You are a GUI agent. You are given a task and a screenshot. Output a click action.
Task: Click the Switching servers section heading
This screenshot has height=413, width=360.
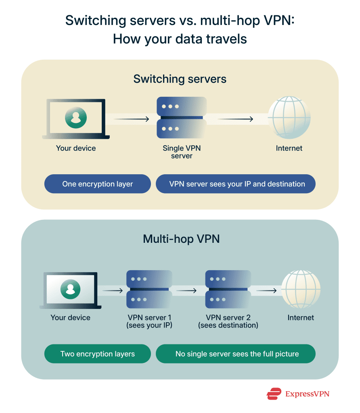point(180,79)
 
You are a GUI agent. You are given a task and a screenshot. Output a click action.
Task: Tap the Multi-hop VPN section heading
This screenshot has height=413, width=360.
point(181,239)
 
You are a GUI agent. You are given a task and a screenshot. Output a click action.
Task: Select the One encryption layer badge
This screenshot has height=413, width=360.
point(98,184)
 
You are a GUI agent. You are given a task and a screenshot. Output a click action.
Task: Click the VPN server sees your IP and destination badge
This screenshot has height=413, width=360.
point(237,184)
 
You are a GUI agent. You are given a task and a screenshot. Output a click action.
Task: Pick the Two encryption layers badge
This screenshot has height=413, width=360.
point(98,354)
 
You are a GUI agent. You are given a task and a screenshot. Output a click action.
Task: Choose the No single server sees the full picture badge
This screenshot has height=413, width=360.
point(237,354)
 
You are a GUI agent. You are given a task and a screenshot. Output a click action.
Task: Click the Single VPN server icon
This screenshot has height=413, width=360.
point(182,117)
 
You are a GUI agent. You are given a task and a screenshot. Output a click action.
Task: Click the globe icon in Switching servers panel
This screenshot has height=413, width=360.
point(289,117)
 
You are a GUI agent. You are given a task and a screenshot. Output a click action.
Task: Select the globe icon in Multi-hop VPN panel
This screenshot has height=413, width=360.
point(301,289)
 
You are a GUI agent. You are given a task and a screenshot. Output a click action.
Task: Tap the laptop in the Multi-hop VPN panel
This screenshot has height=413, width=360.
point(70,290)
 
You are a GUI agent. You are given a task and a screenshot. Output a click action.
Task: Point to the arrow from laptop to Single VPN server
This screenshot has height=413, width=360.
point(132,119)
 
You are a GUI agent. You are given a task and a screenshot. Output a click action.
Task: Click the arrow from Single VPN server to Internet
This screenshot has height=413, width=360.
point(235,119)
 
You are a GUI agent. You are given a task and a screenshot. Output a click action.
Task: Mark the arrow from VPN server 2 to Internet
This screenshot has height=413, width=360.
point(267,290)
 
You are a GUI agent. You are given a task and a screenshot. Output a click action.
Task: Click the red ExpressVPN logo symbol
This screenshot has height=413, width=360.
point(274,394)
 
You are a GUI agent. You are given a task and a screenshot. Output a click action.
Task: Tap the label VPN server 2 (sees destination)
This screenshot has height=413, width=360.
point(228,321)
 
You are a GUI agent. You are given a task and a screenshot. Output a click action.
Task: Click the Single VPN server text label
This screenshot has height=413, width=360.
point(182,152)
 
